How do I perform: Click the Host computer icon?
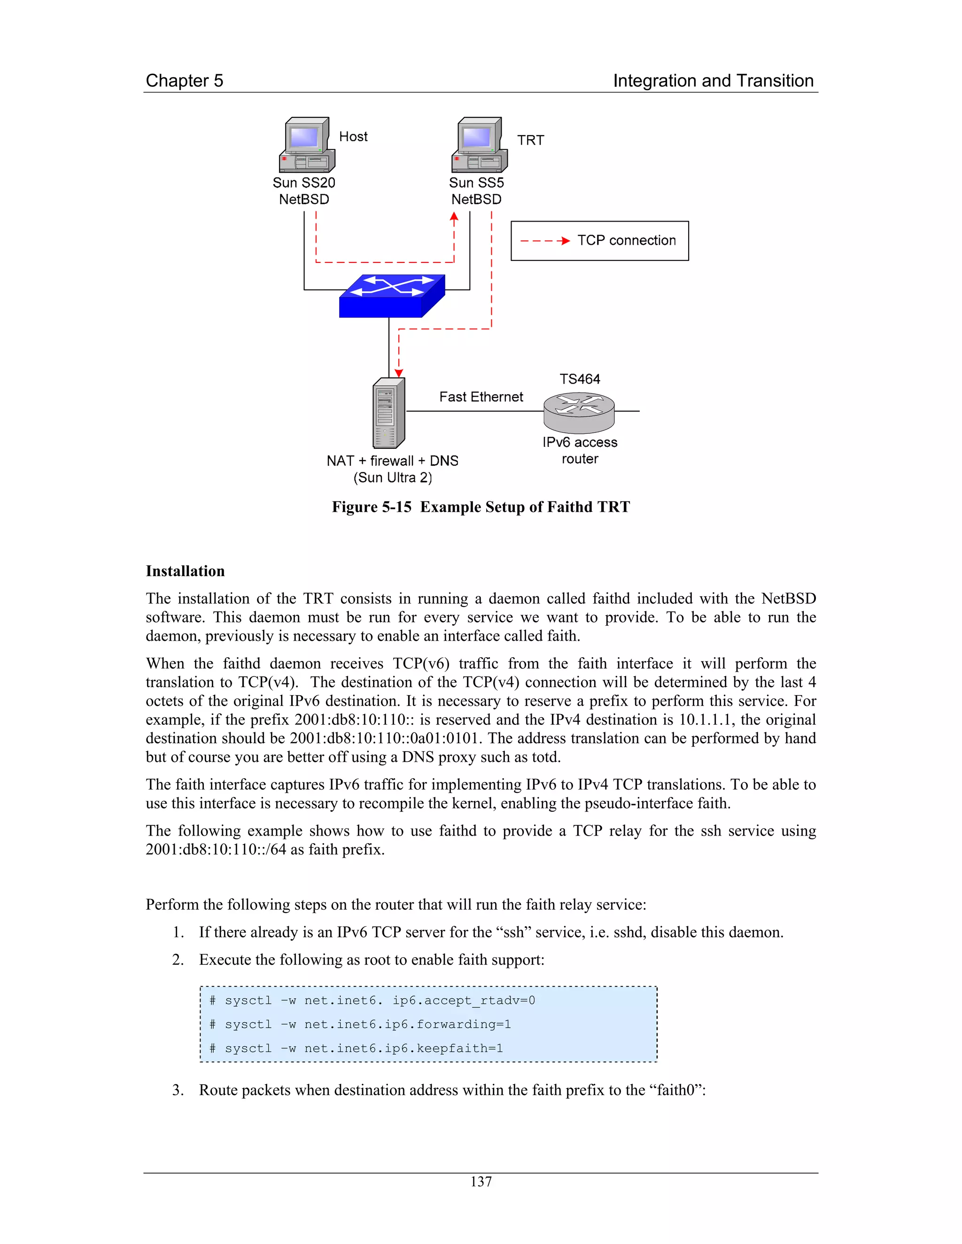click(307, 145)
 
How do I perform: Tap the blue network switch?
click(392, 296)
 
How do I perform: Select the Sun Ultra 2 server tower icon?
click(388, 414)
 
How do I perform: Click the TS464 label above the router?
click(580, 379)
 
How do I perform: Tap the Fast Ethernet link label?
click(481, 397)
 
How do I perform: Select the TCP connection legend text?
click(626, 240)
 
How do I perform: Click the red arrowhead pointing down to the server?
click(399, 373)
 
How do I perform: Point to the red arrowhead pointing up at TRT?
click(454, 217)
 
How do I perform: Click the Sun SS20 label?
click(304, 183)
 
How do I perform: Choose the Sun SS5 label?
click(476, 183)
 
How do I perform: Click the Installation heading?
click(185, 571)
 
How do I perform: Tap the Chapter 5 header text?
click(185, 81)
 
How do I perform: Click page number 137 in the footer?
click(481, 1182)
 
